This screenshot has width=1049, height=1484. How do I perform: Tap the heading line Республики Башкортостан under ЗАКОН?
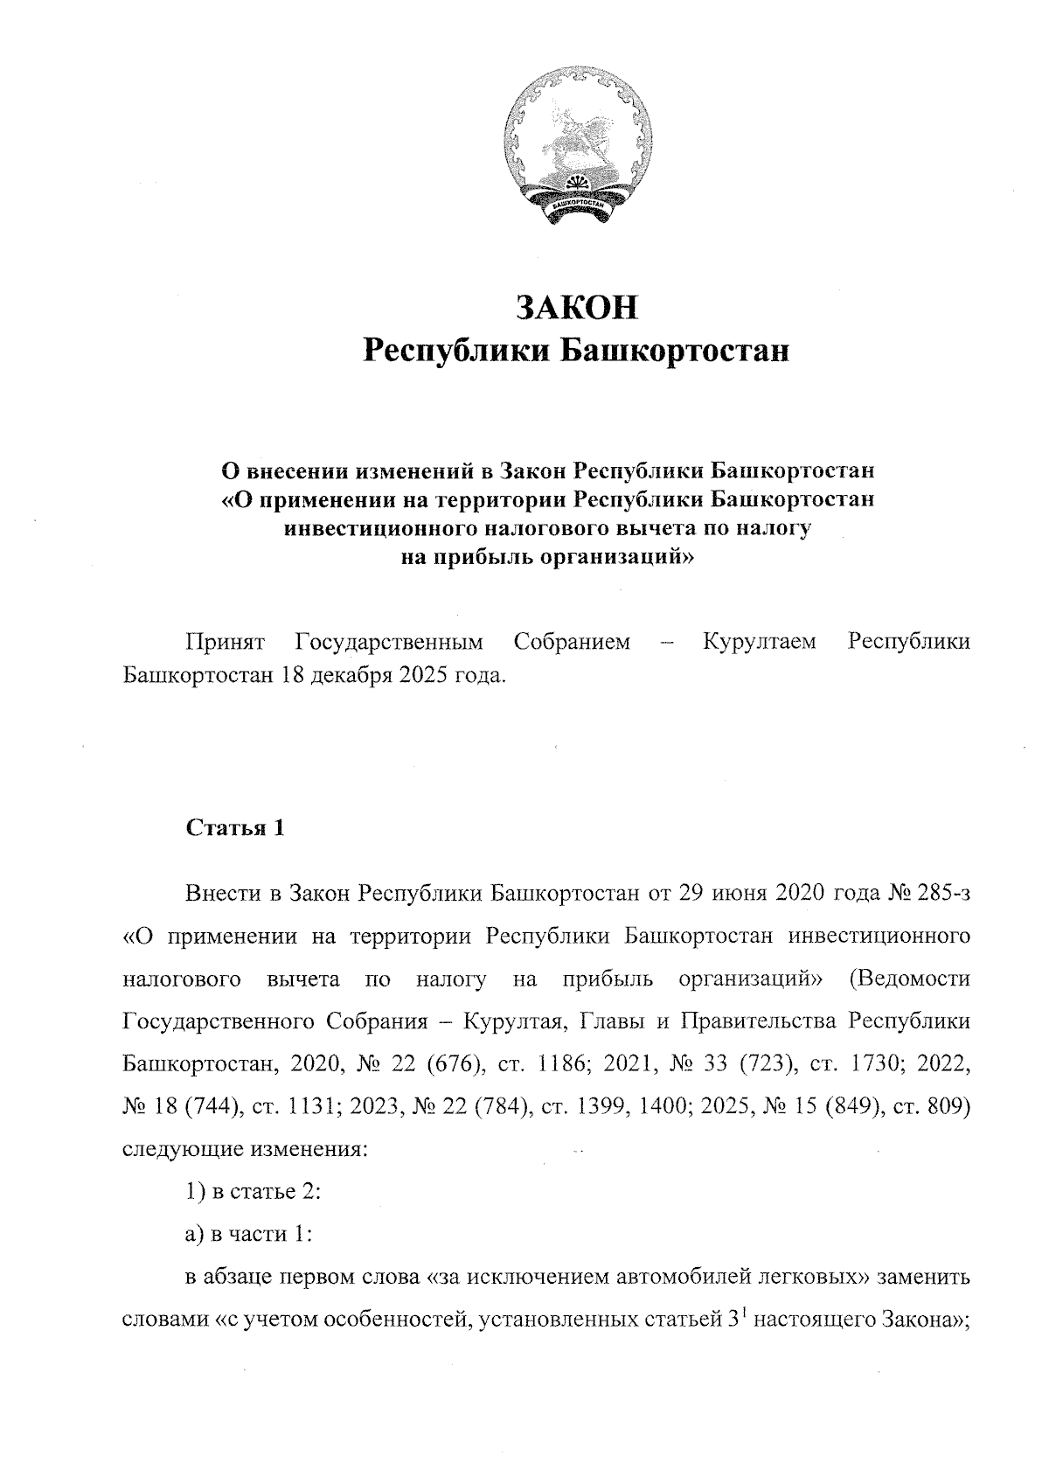point(576,352)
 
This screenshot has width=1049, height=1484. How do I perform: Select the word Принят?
point(225,642)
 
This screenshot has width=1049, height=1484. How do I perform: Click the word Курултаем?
point(760,642)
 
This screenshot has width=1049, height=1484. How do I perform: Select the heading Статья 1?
point(235,828)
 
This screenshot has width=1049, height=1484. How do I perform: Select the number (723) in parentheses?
point(767,1064)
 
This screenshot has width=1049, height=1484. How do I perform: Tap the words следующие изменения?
point(245,1148)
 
